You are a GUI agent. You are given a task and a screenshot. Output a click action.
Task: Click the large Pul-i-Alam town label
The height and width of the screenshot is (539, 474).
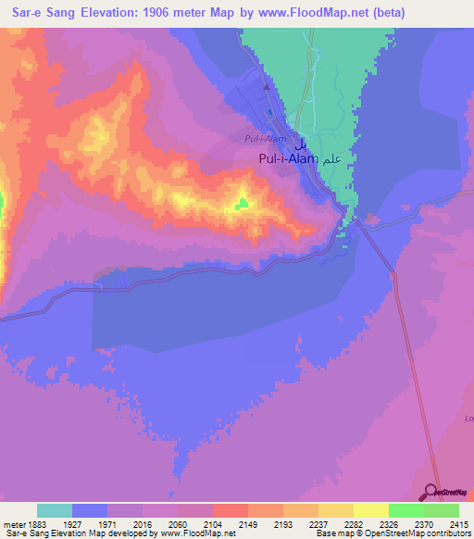pyautogui.click(x=287, y=159)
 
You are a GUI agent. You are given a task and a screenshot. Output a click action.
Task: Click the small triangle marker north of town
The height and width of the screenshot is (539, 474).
pyautogui.click(x=267, y=88)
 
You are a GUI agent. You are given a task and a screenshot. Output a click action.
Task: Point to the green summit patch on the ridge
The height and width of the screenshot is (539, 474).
pyautogui.click(x=243, y=203)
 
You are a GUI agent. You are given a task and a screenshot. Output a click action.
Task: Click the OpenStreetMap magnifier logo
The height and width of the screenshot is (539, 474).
pyautogui.click(x=432, y=492)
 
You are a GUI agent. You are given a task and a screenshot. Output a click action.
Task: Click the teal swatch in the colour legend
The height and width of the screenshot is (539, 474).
pyautogui.click(x=55, y=510)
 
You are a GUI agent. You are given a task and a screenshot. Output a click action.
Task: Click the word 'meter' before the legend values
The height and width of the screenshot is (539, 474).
pyautogui.click(x=11, y=523)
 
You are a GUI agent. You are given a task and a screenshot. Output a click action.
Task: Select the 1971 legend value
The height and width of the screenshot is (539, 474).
pyautogui.click(x=108, y=523)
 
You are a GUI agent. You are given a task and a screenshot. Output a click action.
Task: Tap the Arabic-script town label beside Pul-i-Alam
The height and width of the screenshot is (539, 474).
pyautogui.click(x=332, y=158)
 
